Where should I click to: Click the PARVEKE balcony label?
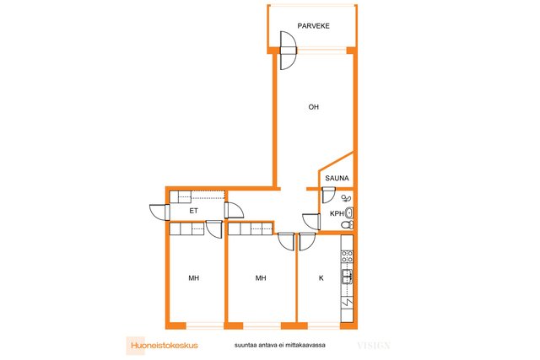coord(313,26)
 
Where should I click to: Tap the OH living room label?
coord(313,107)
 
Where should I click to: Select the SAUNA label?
coord(337,179)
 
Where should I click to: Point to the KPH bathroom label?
coord(335,214)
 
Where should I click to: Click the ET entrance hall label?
coord(194,211)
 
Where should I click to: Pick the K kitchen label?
coord(321,277)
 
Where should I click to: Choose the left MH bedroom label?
coord(193,277)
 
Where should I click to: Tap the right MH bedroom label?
coord(262,277)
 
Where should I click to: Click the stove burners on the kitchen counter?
coord(346,254)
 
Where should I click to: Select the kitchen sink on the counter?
coord(346,276)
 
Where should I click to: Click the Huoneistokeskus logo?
coord(163,344)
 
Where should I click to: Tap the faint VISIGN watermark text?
coord(373,345)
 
